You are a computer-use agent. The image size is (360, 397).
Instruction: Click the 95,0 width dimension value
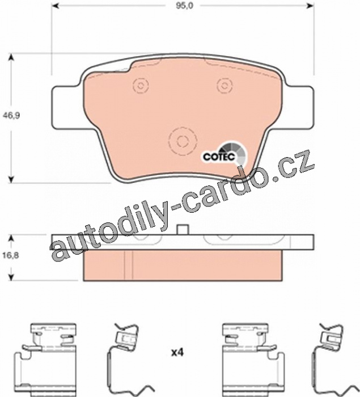(185, 6)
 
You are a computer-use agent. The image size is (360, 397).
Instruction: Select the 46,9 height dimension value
(11, 116)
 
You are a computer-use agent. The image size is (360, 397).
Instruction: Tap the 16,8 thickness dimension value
(11, 255)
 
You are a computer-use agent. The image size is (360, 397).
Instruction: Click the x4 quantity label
(177, 352)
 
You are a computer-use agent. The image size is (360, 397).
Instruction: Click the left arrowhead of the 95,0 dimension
(55, 5)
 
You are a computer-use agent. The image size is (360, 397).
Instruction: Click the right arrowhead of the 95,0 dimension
(310, 5)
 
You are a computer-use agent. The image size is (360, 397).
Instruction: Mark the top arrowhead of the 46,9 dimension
(11, 57)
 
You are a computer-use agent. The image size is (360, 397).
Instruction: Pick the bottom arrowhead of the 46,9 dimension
(11, 179)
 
